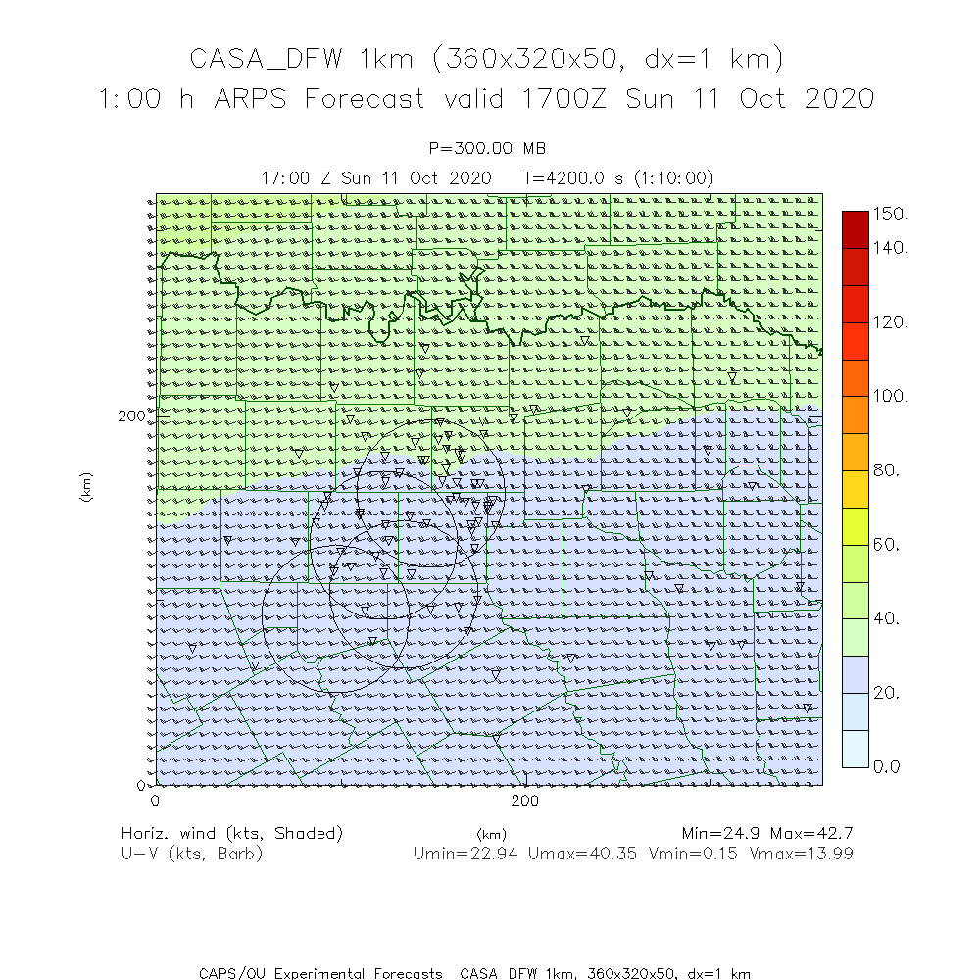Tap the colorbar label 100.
891,396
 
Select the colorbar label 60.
887,544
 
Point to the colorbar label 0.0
887,766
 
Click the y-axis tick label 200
130,416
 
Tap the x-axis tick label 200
526,801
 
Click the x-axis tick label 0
155,801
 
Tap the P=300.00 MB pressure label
487,148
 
